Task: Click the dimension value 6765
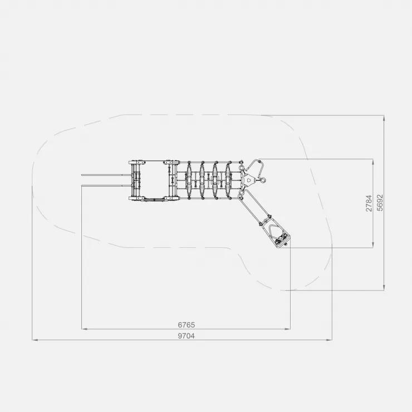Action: (187, 325)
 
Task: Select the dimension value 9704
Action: (187, 336)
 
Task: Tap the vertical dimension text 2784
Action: (369, 203)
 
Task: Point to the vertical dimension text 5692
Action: (380, 203)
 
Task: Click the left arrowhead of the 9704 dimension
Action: (35, 340)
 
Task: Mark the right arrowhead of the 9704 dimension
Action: (328, 340)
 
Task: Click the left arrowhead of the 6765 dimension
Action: (85, 328)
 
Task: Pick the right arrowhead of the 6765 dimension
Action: (287, 328)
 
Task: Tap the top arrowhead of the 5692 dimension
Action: (384, 119)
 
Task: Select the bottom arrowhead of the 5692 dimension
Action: (384, 287)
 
